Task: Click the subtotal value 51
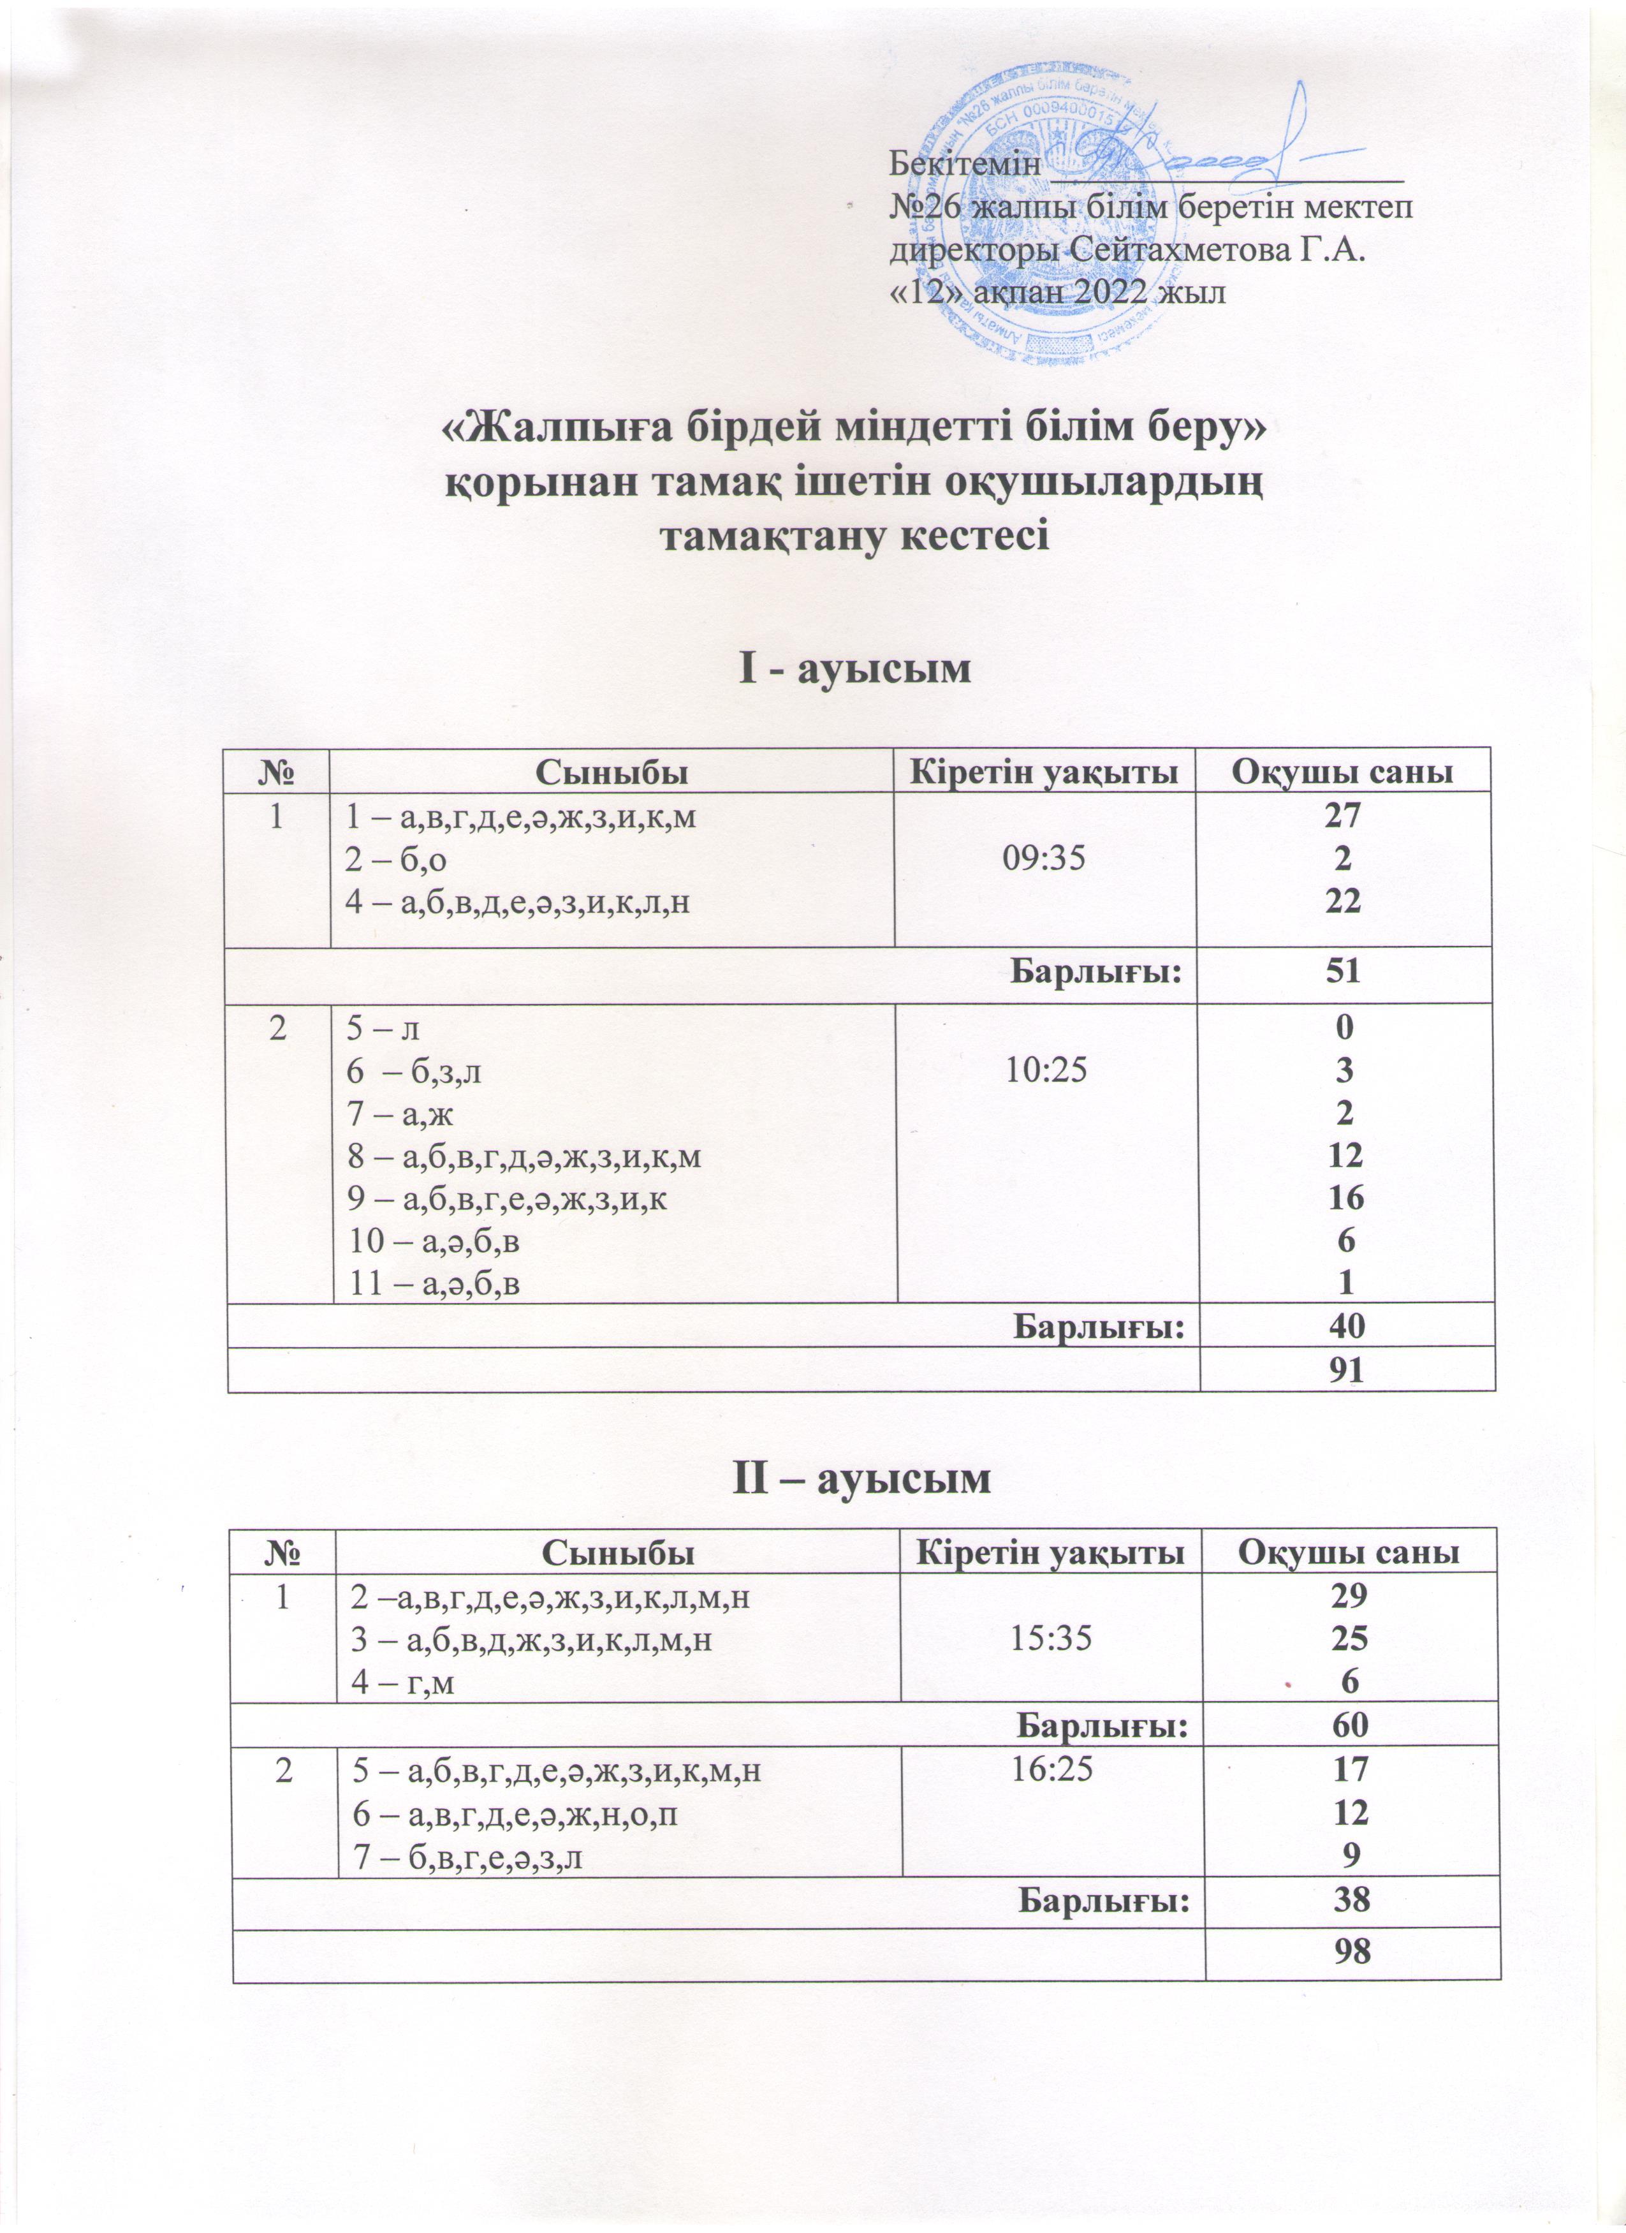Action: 1342,973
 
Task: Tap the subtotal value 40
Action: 1345,1326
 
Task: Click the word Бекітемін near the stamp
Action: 965,163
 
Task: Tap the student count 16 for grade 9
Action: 1345,1197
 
